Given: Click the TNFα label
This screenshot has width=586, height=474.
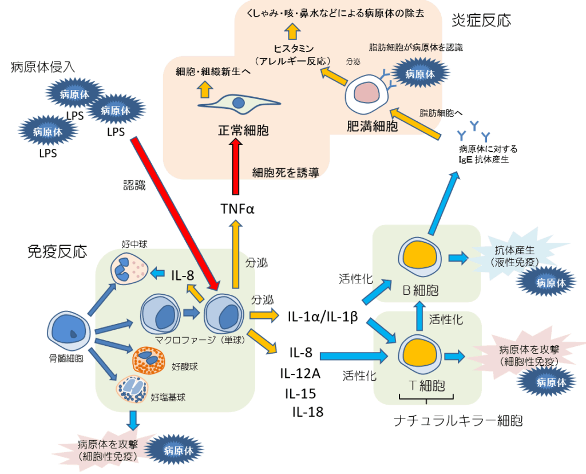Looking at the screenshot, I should click(x=237, y=208).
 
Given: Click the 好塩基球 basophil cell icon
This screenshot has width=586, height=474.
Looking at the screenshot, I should click(x=132, y=390).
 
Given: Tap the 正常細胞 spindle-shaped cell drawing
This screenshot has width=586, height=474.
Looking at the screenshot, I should click(x=239, y=105).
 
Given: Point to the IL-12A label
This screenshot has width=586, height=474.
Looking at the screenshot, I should click(x=300, y=374).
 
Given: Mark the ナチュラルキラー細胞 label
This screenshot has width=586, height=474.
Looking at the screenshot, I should click(x=458, y=422).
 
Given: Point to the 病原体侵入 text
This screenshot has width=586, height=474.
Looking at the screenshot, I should click(x=43, y=68).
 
